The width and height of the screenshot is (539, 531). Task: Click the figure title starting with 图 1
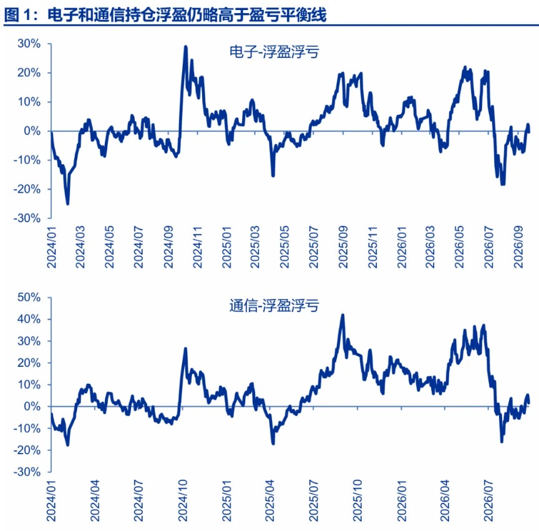click(x=165, y=15)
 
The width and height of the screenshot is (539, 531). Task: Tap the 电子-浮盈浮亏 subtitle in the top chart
click(x=274, y=52)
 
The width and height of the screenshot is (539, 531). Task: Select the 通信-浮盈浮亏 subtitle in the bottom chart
click(x=274, y=305)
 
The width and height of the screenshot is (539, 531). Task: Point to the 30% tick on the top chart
click(x=29, y=44)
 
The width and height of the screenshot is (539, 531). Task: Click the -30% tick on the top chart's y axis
click(x=27, y=218)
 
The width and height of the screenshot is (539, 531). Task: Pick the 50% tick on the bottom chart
click(x=29, y=297)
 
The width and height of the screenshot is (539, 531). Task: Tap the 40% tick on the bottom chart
click(x=29, y=319)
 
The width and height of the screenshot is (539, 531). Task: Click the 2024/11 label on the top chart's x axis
click(x=198, y=247)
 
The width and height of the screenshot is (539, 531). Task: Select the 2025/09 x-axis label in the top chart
click(x=343, y=247)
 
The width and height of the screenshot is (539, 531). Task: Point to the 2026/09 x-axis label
click(x=518, y=247)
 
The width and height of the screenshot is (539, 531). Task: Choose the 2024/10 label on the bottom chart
click(x=183, y=500)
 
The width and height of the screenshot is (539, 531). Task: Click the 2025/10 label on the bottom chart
click(x=357, y=500)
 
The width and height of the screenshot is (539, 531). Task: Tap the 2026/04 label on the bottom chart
click(x=445, y=500)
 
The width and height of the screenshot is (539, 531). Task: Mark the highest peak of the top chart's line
click(x=186, y=46)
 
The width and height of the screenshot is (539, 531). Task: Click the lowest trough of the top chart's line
click(x=68, y=204)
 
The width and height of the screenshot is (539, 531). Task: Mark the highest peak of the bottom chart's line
click(x=342, y=315)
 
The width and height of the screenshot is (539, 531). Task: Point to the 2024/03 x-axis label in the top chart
click(x=80, y=247)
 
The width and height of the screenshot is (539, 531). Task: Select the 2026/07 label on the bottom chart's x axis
click(x=488, y=500)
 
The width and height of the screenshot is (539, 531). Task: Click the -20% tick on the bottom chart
click(x=27, y=450)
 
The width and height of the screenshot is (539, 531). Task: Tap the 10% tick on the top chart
click(x=29, y=102)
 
